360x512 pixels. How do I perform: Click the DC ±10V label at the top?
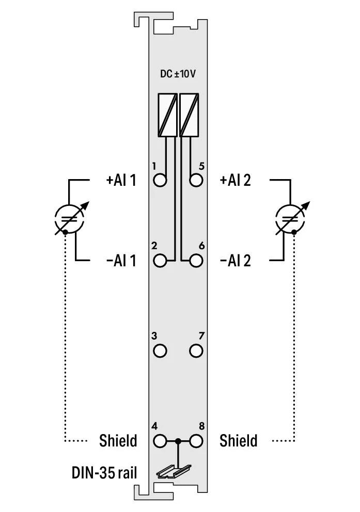178,74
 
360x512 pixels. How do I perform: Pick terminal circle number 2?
161,260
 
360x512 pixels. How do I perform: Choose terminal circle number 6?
196,260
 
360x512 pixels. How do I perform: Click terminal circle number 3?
161,351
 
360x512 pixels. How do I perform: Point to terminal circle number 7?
196,351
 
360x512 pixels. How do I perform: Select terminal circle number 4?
161,441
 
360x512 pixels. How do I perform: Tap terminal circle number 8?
196,441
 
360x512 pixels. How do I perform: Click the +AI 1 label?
121,181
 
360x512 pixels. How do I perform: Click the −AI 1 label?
121,261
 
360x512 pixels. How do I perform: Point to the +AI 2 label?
236,181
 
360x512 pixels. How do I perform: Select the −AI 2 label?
236,261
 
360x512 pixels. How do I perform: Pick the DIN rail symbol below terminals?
174,469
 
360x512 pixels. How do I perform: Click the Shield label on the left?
118,441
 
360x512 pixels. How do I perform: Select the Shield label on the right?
238,441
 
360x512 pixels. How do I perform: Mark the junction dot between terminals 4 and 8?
178,441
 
